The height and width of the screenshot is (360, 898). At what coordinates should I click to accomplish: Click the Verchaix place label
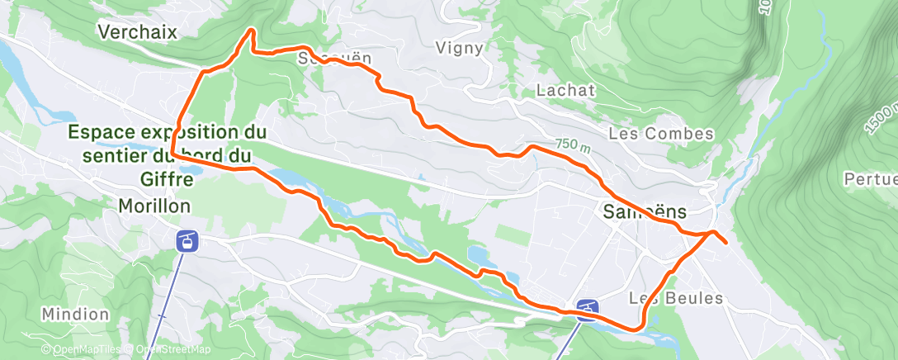(x=138, y=31)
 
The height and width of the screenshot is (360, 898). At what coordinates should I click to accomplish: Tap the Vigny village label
(x=458, y=48)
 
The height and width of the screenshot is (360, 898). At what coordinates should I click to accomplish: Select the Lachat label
(x=565, y=90)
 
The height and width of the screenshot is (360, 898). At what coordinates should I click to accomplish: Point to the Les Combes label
(x=660, y=133)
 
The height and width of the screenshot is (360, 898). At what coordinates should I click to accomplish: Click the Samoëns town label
(x=640, y=212)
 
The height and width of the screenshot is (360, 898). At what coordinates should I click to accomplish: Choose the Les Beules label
(x=676, y=298)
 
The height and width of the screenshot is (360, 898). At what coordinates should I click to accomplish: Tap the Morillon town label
(x=155, y=205)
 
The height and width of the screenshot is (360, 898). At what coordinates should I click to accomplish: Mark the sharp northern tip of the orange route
(x=251, y=31)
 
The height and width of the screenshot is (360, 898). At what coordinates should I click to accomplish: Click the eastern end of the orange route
(x=725, y=243)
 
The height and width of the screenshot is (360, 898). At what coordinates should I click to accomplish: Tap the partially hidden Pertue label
(x=870, y=178)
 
